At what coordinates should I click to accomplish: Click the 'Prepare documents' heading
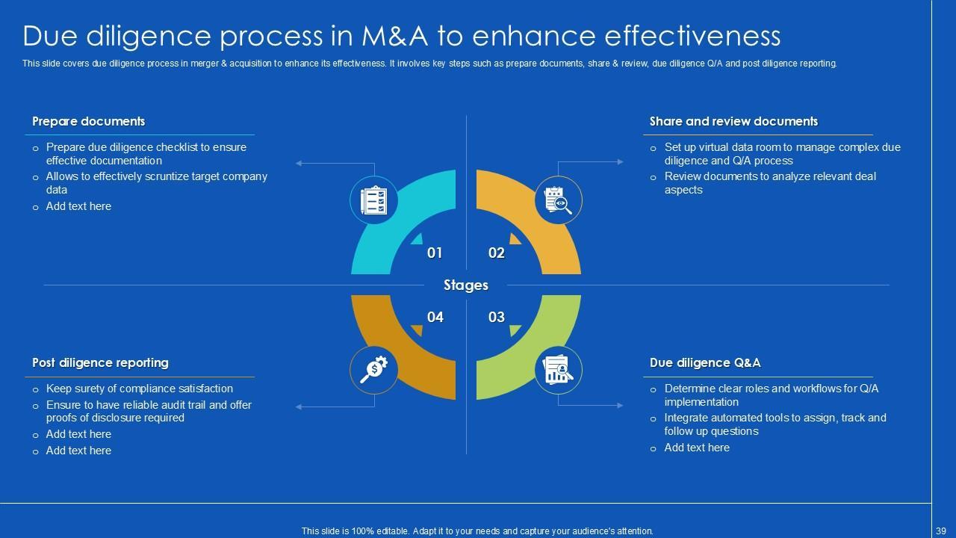click(x=88, y=121)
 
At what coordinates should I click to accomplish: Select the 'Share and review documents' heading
click(x=733, y=121)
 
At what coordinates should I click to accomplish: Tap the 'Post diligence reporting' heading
click(x=100, y=362)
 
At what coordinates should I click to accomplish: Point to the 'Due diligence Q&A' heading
click(x=705, y=362)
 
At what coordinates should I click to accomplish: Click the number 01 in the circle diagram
click(x=435, y=253)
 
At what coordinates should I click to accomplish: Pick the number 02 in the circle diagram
click(x=497, y=253)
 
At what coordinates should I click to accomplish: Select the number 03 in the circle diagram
click(x=497, y=317)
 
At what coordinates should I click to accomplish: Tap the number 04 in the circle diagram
click(x=435, y=317)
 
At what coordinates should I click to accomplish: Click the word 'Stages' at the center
click(x=466, y=285)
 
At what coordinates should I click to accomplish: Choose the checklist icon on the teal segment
click(x=373, y=200)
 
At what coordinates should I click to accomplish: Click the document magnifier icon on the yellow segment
click(x=558, y=200)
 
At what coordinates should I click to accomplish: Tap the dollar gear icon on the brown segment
click(x=373, y=369)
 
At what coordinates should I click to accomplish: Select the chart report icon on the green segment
click(x=558, y=369)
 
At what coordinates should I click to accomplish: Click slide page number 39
click(x=940, y=531)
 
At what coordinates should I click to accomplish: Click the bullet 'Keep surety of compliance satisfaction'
click(x=140, y=389)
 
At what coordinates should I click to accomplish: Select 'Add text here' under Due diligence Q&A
click(x=697, y=448)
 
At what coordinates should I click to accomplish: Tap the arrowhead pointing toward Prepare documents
click(x=299, y=162)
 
